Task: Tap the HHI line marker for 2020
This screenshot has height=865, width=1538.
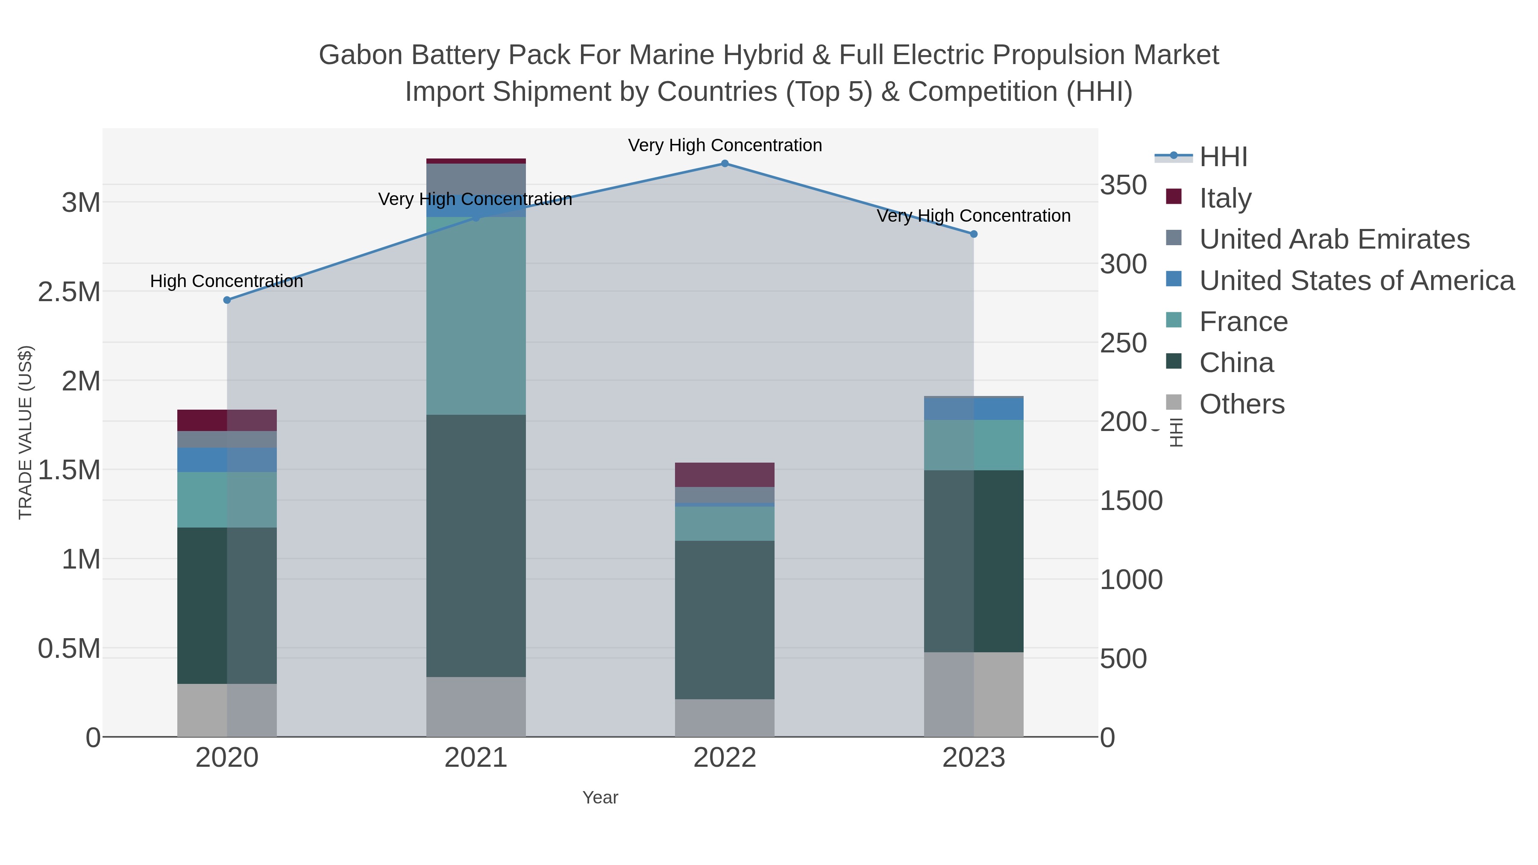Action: tap(227, 300)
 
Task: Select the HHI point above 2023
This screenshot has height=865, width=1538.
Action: tap(973, 234)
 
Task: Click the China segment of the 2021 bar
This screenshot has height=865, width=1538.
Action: tap(476, 545)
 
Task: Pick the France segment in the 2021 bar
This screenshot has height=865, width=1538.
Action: tap(476, 316)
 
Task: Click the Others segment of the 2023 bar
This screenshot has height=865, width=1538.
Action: tap(973, 694)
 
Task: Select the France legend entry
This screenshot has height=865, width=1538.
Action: tap(1243, 322)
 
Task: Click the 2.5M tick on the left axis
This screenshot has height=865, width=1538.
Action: tap(69, 292)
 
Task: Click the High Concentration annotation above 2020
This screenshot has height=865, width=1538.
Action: tap(226, 281)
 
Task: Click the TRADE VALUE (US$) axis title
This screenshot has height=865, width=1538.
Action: tap(26, 432)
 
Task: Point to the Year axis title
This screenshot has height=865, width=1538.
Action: tap(600, 798)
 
